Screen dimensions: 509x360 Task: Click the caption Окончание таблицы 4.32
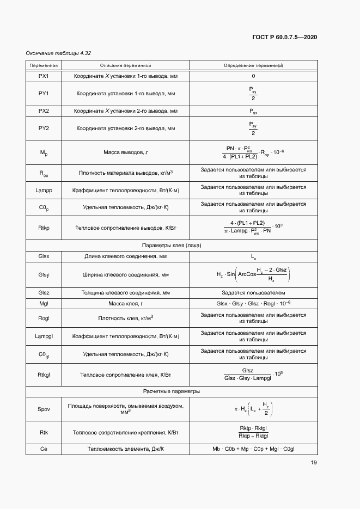[x=58, y=53]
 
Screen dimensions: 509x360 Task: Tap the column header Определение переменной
[x=253, y=66]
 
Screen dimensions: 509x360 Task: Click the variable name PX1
[x=44, y=76]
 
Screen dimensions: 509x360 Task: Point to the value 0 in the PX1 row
[x=253, y=76]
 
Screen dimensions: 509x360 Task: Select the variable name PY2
[x=44, y=128]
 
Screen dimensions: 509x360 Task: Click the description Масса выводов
[x=125, y=152]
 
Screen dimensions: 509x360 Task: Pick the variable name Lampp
[x=44, y=191]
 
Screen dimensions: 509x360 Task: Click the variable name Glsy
[x=44, y=275]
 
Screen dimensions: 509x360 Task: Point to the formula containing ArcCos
[x=253, y=275]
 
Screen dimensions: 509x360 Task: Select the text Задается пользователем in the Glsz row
[x=253, y=293]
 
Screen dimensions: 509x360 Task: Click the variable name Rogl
[x=44, y=318]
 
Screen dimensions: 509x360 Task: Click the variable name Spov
[x=44, y=409]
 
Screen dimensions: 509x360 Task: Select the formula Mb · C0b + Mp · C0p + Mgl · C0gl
[x=253, y=449]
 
